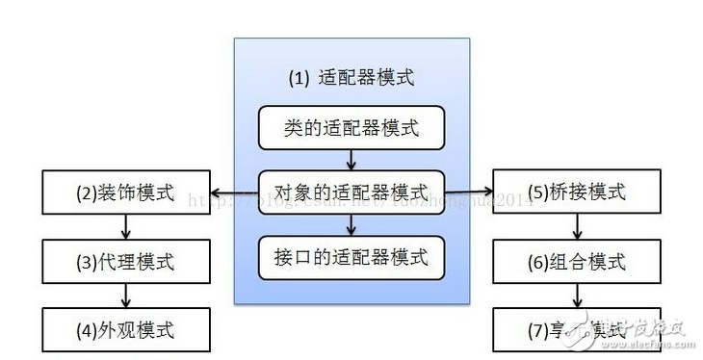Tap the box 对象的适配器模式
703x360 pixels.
point(351,192)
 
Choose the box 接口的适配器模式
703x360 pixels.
point(351,258)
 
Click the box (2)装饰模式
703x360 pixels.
point(125,192)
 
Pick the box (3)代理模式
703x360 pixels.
point(125,261)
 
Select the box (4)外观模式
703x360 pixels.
point(125,329)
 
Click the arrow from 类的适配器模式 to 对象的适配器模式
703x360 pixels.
point(351,159)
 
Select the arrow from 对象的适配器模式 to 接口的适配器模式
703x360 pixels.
point(351,225)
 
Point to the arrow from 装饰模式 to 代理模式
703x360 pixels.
point(125,227)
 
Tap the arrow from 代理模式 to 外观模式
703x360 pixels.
point(125,296)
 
